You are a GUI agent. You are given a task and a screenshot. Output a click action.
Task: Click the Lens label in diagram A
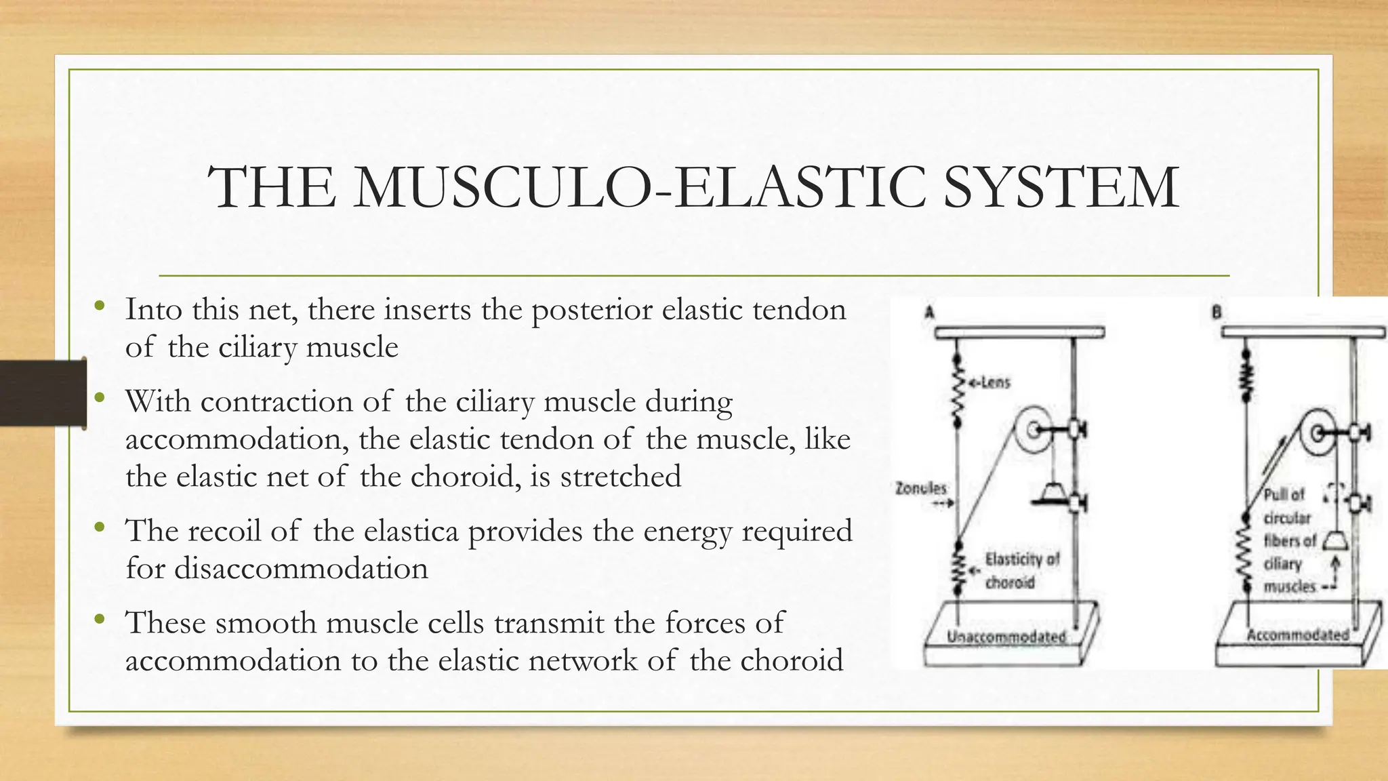coord(991,383)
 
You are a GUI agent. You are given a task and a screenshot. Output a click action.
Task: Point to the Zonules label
coord(920,488)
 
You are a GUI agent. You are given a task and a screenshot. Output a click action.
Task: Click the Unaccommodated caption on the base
coord(1006,637)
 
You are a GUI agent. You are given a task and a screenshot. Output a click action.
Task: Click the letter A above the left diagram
coord(930,313)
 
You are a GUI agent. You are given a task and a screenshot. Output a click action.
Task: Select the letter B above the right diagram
coord(1217,313)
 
